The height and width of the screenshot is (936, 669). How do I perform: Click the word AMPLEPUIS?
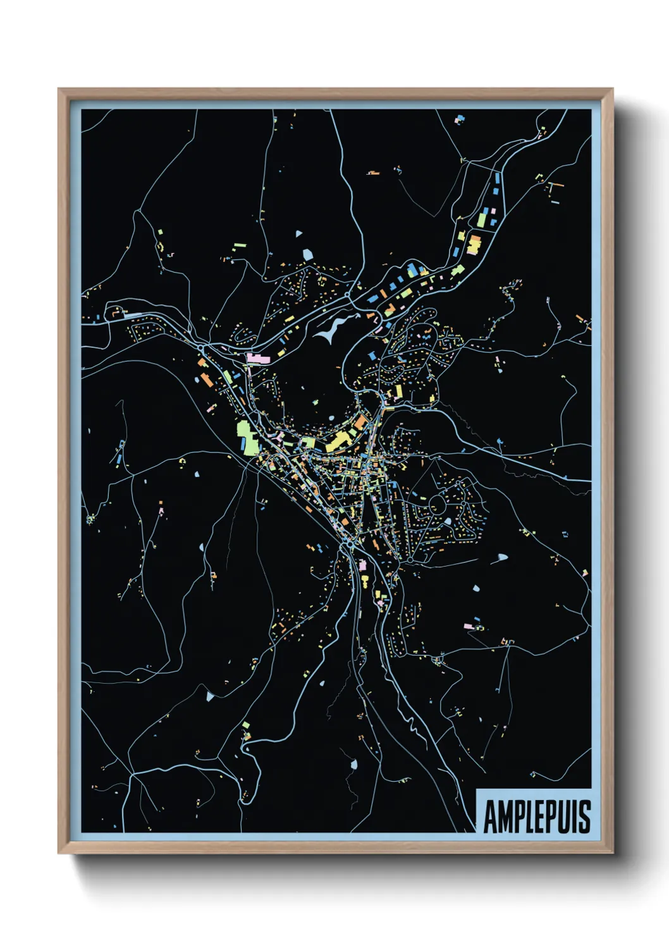537,816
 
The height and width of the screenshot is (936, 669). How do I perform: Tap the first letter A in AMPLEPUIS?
490,817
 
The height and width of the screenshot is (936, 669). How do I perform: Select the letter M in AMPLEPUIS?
504,817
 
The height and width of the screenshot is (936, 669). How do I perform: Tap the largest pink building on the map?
258,359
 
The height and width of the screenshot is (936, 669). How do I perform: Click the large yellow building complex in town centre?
341,440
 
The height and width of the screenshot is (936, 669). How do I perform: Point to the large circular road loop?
437,505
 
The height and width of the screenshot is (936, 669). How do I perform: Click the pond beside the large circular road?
448,522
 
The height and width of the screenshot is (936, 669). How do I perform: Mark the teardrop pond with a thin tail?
501,558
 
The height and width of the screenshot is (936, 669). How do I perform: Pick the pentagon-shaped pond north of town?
308,254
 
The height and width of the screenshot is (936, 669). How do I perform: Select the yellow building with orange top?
473,244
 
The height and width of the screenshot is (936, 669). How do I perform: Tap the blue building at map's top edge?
460,118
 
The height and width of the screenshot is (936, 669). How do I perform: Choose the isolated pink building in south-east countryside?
468,626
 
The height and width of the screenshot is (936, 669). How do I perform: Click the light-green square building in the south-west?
246,725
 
